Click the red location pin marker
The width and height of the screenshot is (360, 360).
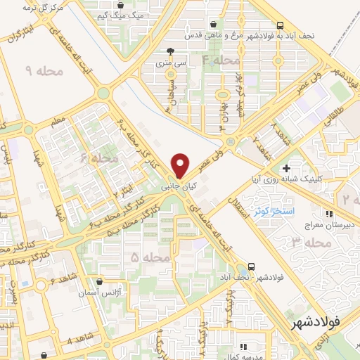[181, 165]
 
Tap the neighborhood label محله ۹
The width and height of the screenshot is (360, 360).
[44, 70]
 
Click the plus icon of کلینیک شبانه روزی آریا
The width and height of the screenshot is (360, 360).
[286, 168]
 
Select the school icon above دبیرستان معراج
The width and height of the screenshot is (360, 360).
[328, 213]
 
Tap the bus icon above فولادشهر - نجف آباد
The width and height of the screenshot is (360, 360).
[251, 268]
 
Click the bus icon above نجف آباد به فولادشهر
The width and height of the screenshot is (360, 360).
[281, 25]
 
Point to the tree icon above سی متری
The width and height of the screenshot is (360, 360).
[170, 51]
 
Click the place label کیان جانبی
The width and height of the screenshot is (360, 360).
[175, 187]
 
